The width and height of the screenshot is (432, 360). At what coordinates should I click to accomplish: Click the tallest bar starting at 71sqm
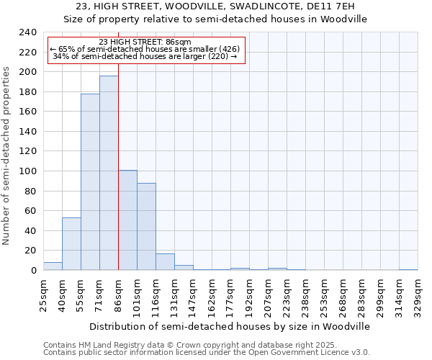point(109,173)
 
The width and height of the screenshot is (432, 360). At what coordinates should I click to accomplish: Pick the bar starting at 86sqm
point(127,220)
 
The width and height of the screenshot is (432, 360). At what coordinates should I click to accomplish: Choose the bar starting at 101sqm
point(146,226)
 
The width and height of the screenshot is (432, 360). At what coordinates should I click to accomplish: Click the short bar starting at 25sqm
point(53,266)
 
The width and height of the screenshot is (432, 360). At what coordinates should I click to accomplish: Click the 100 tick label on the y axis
point(27,171)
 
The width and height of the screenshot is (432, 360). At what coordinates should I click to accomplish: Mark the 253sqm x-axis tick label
point(324,295)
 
